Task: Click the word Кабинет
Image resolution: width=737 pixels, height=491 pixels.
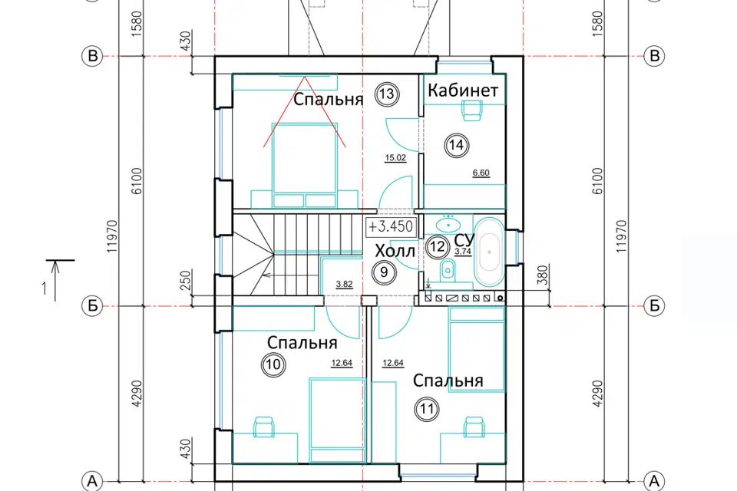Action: coord(462,90)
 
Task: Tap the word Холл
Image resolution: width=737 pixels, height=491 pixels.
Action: coord(395,252)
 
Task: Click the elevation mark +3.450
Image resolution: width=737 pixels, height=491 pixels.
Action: coord(391,226)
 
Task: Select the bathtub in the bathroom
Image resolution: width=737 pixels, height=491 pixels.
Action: coord(489,252)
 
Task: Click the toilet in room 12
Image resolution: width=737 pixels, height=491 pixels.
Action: coord(448,271)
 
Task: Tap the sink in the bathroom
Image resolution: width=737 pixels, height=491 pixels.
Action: coord(448,225)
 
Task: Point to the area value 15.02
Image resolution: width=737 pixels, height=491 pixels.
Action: coord(395,158)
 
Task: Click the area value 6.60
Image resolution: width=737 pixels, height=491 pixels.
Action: coord(481,173)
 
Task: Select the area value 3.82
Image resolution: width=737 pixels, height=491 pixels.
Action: coord(344,285)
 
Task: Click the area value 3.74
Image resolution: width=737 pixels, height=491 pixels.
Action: coord(463,252)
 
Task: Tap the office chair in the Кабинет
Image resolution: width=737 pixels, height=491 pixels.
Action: coord(472,110)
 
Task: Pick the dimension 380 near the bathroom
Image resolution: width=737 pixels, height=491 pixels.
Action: coord(543,275)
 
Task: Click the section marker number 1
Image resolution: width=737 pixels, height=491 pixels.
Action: coord(45,288)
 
